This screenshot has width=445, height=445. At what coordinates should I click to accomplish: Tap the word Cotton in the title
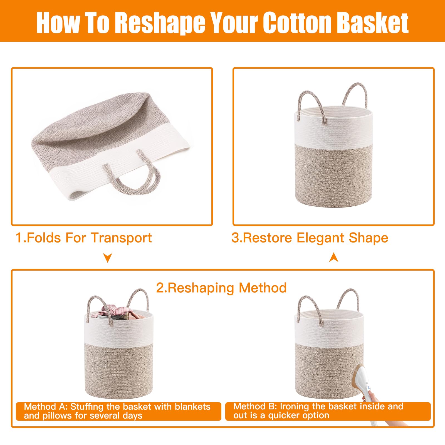tap(297, 22)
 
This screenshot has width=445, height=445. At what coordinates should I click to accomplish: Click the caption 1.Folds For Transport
tap(84, 238)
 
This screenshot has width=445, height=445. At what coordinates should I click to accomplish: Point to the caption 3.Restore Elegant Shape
tap(310, 238)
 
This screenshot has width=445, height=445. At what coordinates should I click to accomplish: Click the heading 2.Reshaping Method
tap(221, 288)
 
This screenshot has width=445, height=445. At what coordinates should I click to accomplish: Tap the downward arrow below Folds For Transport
tap(108, 258)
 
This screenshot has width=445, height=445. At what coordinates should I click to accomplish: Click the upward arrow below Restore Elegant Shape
tap(334, 258)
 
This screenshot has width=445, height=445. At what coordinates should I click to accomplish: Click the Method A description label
tap(118, 411)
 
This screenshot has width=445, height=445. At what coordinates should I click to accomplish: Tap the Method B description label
tap(328, 411)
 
